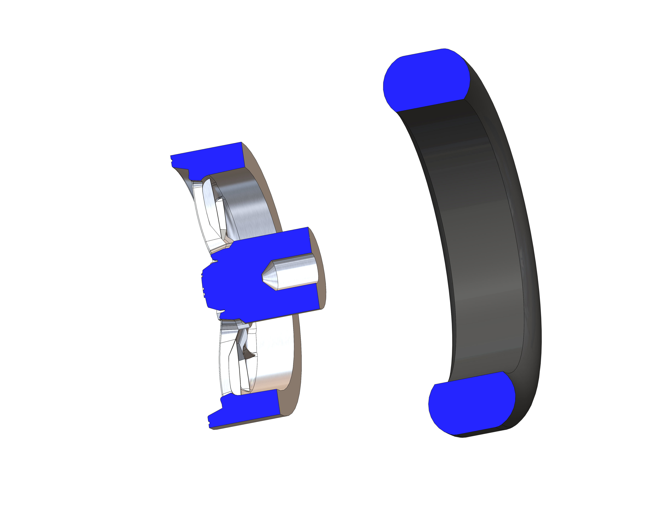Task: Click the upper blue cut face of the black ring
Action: [426, 81]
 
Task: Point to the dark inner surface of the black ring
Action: [475, 244]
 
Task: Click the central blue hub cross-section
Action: [244, 283]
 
